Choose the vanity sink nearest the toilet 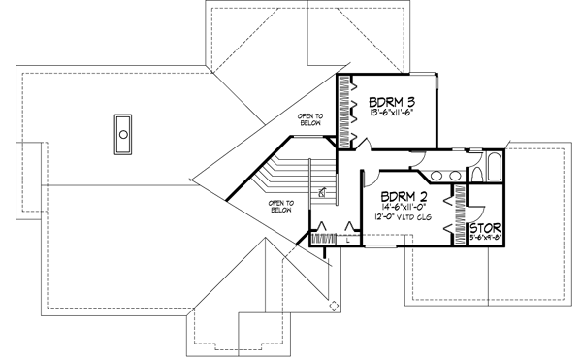click(452, 176)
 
